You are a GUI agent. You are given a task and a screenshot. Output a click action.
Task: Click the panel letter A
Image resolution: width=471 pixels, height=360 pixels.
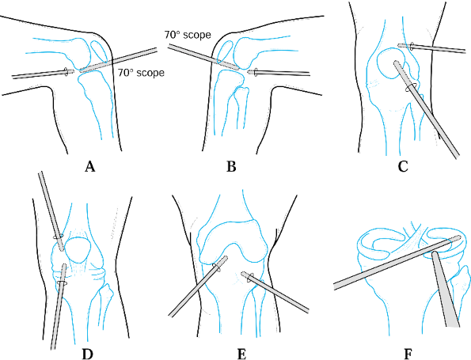pyautogui.click(x=89, y=166)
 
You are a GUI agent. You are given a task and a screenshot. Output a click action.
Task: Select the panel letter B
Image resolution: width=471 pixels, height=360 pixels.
pyautogui.click(x=231, y=166)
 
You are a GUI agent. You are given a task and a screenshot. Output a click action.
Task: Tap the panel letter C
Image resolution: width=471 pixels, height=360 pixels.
pyautogui.click(x=402, y=166)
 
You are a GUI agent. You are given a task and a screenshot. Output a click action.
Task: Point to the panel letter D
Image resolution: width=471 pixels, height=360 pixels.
pyautogui.click(x=87, y=354)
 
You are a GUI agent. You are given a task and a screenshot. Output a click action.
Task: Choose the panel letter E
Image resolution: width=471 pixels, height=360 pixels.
pyautogui.click(x=241, y=354)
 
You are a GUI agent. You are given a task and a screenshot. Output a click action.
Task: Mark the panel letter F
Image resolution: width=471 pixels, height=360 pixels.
pyautogui.click(x=408, y=354)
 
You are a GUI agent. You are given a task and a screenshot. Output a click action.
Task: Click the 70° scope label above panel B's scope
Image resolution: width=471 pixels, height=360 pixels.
pyautogui.click(x=188, y=35)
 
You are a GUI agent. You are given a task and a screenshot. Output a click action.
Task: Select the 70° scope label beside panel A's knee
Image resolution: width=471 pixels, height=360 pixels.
pyautogui.click(x=141, y=73)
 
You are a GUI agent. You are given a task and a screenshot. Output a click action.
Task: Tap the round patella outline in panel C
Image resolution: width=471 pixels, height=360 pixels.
pyautogui.click(x=391, y=63)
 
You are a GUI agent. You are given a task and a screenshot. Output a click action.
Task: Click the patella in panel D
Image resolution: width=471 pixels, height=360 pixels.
pyautogui.click(x=78, y=249)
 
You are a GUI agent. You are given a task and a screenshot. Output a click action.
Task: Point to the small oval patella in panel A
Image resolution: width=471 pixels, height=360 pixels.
pyautogui.click(x=99, y=51)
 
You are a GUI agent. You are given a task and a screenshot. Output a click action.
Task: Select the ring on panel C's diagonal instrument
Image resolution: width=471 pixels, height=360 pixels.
pyautogui.click(x=411, y=87)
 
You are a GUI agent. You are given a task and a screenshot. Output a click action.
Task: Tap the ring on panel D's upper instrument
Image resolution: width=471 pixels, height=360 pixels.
pyautogui.click(x=58, y=237)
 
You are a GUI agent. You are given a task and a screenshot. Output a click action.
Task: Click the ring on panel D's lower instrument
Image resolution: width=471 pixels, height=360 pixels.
pyautogui.click(x=62, y=282)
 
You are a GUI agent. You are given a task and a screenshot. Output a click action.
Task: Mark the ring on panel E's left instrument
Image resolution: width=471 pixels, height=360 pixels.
pyautogui.click(x=216, y=268)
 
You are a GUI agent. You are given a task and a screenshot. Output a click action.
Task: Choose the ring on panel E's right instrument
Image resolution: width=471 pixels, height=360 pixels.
pyautogui.click(x=251, y=278)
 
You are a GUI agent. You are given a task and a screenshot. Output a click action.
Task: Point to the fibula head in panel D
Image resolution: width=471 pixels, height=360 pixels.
pyautogui.click(x=106, y=292)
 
